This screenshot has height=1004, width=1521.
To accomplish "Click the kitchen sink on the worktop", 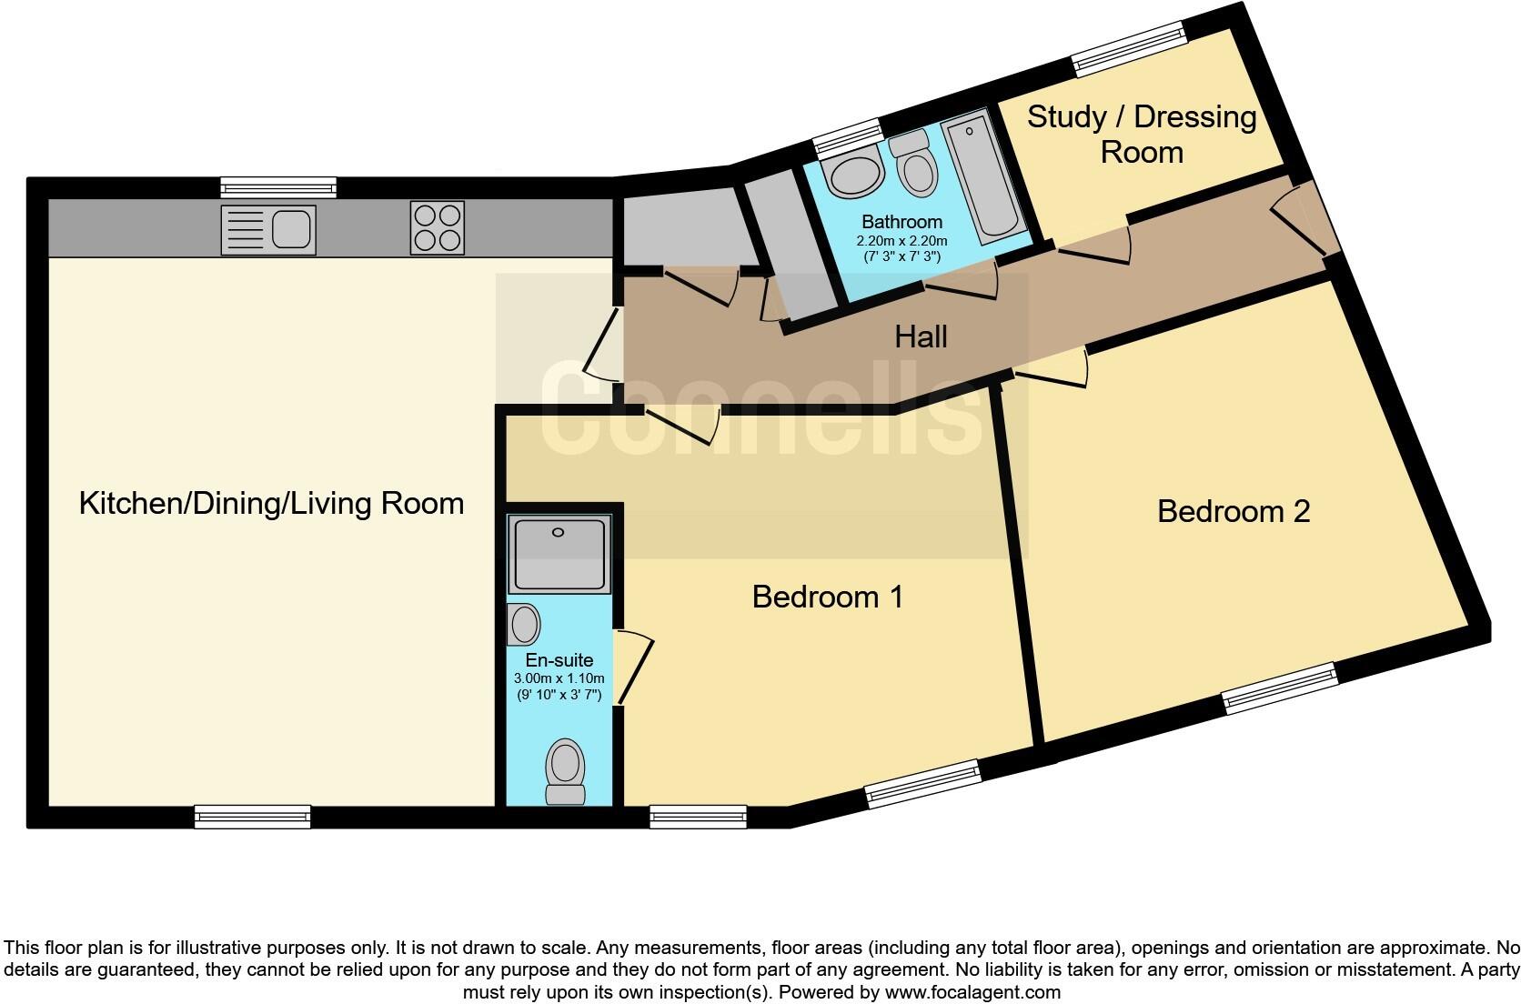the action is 268,230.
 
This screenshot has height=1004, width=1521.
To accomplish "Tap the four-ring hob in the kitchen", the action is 438,227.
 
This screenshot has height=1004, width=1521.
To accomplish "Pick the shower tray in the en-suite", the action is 559,554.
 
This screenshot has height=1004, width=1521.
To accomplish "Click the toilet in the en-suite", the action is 566,771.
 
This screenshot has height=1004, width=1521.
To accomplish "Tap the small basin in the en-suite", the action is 523,624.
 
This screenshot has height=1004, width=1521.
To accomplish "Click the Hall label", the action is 921,336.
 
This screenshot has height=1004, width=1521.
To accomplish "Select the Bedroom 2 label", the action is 1234,511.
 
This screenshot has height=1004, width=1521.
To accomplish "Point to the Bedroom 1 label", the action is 828,597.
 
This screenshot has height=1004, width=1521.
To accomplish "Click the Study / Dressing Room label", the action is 1142,135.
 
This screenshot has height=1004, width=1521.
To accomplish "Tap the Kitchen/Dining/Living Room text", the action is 272,504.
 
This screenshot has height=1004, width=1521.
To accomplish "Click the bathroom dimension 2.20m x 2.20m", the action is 902,240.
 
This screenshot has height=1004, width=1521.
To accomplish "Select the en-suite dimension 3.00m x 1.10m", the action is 559,678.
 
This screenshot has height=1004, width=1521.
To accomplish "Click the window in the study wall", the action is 1129,48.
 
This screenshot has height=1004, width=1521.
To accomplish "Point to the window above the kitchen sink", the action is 278,187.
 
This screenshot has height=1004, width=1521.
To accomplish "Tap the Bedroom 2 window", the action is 1280,688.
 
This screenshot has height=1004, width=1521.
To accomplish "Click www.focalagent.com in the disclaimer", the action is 973,992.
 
